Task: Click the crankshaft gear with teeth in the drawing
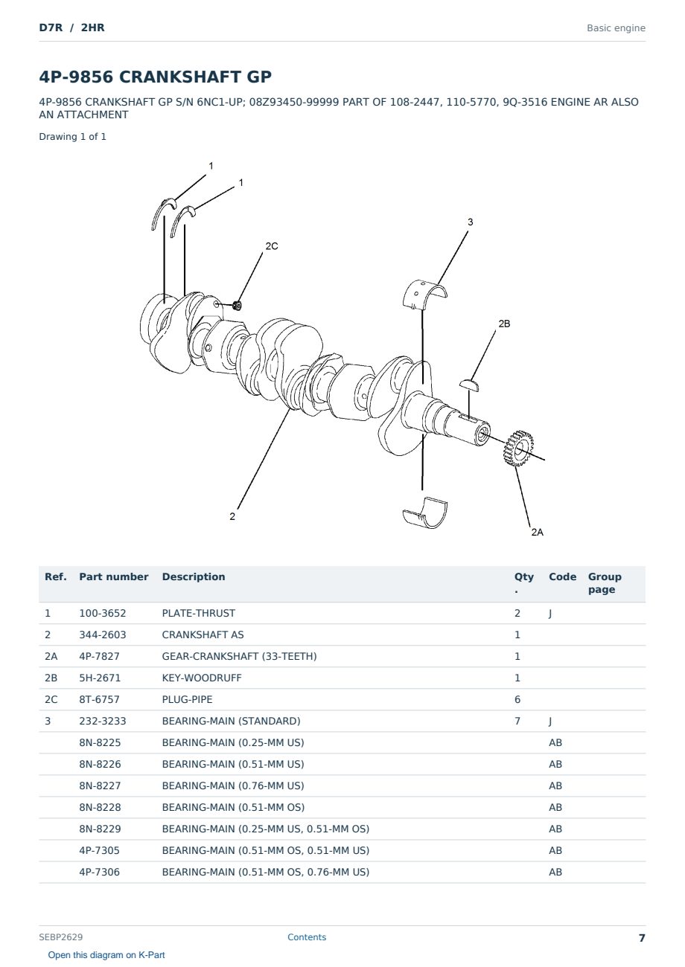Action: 518,449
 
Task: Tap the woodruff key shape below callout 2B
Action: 469,385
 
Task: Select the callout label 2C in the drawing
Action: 272,246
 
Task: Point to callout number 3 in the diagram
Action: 471,222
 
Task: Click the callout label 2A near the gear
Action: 537,533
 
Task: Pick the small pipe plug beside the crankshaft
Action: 237,306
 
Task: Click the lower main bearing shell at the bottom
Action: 425,513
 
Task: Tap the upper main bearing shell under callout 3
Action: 424,295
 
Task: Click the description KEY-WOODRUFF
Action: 202,678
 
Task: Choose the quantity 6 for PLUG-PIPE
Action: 517,699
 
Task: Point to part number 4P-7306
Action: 100,872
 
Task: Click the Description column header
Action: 194,576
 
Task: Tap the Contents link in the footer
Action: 307,937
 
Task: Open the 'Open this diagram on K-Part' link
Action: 106,955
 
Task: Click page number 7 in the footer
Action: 642,938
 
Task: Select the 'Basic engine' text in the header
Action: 616,28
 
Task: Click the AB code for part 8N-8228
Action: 555,807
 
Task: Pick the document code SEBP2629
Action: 61,937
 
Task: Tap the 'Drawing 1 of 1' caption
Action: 73,137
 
